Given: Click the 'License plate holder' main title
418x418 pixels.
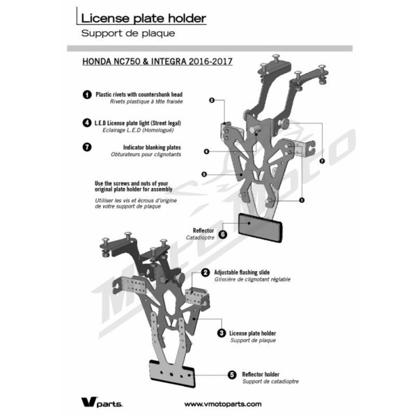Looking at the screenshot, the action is coord(144,18).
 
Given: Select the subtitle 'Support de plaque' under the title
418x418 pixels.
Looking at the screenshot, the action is coord(128,33).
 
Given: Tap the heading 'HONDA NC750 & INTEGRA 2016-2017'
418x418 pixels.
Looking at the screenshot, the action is coord(157,61).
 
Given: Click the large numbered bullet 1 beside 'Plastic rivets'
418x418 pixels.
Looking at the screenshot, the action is coord(87,95).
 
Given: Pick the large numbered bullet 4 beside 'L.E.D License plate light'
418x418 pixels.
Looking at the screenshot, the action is coord(87,123).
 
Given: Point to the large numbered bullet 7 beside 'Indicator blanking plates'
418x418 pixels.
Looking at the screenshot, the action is coord(87,147).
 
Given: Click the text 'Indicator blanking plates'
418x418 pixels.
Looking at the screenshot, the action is coord(152,148).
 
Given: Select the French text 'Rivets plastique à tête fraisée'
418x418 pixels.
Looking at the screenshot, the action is coord(146,102).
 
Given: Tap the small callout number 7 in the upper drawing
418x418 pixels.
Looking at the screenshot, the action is coord(322,161).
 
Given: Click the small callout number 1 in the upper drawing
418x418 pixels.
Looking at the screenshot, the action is coord(302,200).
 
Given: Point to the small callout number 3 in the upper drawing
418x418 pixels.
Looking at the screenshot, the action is coord(204,175).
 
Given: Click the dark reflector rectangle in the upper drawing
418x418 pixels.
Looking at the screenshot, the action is coord(260,228).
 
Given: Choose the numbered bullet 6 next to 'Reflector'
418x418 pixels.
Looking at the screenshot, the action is coord(223,235).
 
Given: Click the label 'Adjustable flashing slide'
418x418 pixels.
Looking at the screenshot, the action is coord(242,272).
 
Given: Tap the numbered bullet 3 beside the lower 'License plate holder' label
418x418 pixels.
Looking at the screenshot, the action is coord(222,333).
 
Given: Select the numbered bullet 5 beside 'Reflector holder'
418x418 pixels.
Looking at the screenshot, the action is coord(232,375).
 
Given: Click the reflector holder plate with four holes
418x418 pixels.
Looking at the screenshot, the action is coord(172,373).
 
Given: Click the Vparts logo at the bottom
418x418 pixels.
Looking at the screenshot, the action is coord(102,403).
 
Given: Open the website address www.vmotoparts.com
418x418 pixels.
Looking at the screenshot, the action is coord(223,404).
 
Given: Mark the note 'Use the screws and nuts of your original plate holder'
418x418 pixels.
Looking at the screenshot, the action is coord(133,186).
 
